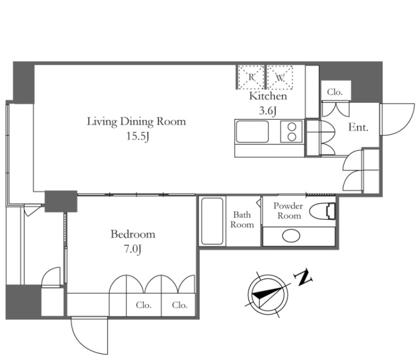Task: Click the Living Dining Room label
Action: pos(137,122)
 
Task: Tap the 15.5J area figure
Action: pos(137,137)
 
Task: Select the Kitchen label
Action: pos(268,96)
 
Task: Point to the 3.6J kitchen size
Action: pos(268,111)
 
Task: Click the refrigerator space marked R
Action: pos(251,77)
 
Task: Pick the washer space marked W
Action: pos(280,77)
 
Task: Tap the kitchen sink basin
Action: pos(252,132)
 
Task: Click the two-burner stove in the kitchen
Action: pos(292,132)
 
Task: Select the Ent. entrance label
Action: pos(358,127)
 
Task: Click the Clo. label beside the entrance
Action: pos(335,92)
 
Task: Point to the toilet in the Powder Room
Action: pos(323,211)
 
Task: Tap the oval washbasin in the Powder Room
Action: pos(291,236)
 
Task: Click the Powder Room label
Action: pos(288,210)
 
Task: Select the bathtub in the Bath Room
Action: pos(212,221)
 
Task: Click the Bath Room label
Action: pos(242,220)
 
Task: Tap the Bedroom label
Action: pos(133,234)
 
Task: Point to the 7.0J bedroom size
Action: pos(133,249)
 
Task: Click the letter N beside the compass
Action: pos(303,277)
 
